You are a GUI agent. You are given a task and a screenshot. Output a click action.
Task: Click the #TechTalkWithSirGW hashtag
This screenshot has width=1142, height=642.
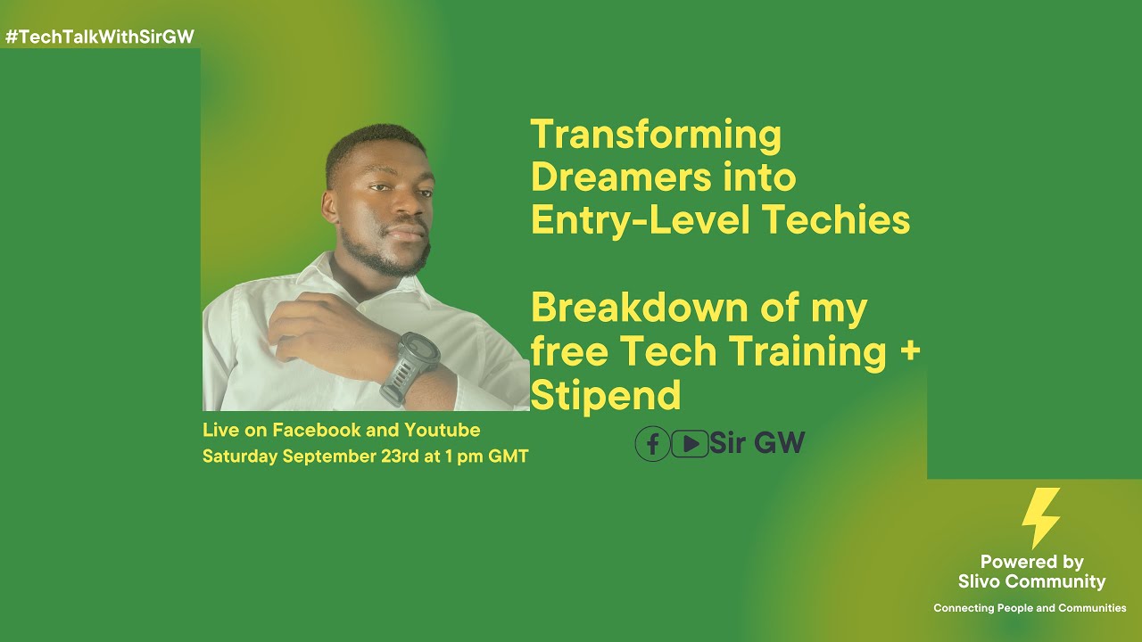click(x=99, y=37)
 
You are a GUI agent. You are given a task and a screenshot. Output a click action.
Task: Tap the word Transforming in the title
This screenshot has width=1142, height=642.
click(x=656, y=136)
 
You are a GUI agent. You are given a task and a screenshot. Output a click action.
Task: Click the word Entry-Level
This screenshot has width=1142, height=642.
click(x=635, y=220)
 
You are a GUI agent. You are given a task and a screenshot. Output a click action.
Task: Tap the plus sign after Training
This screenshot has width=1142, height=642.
click(x=909, y=351)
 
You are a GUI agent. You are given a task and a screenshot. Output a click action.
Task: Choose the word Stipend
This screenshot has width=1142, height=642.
click(x=606, y=394)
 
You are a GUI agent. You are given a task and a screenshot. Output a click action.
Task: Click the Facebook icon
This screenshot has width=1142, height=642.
click(x=652, y=443)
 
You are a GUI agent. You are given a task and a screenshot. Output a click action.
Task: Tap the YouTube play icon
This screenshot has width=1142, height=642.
click(x=689, y=443)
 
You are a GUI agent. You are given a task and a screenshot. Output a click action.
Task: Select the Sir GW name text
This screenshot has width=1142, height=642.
click(x=757, y=443)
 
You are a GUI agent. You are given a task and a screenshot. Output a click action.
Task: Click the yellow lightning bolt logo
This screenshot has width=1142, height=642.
click(x=1041, y=517)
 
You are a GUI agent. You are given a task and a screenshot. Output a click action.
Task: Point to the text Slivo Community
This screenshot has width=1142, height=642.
click(x=1031, y=582)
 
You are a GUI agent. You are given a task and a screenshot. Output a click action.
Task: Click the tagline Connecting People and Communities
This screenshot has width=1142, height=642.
click(x=1030, y=608)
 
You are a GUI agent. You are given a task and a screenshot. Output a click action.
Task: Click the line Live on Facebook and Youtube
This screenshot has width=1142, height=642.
click(x=341, y=431)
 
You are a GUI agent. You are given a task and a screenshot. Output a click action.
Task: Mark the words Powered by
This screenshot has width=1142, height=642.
click(x=1031, y=562)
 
